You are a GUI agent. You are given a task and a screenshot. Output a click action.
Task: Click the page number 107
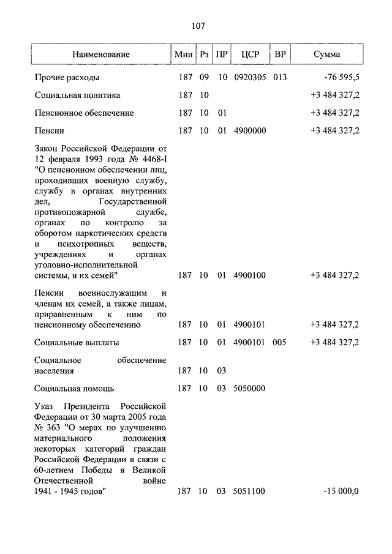coord(197,26)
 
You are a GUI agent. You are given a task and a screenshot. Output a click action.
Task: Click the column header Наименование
coord(100,54)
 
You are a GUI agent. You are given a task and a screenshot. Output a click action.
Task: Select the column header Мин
coord(183,54)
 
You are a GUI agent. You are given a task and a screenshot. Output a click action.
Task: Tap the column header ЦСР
coord(250,54)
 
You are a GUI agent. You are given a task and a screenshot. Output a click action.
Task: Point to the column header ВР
coord(280,54)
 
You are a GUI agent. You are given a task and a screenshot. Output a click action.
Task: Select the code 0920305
coord(250,78)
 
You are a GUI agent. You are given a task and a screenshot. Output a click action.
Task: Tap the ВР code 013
coord(280,78)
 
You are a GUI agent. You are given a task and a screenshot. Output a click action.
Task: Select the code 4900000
coord(250,131)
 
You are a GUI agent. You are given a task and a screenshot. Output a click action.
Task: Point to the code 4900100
coord(250,275)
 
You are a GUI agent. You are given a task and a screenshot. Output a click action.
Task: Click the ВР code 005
coord(280,342)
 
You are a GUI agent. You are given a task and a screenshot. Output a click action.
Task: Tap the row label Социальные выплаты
coord(77,342)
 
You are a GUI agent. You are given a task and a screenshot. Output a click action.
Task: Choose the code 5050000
coord(250,389)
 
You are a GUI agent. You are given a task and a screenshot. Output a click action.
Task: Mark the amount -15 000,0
coord(342,491)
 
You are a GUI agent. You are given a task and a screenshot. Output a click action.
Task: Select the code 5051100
coord(250,491)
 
